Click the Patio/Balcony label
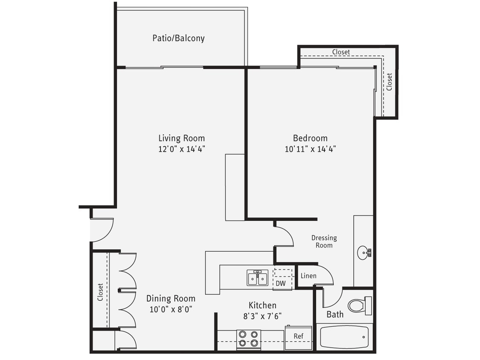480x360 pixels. click(178, 38)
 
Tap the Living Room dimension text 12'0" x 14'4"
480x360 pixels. click(182, 149)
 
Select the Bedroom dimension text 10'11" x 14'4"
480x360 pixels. click(310, 149)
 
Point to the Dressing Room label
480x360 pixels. click(324, 241)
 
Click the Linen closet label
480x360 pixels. click(308, 276)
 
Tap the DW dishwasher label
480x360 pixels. click(280, 283)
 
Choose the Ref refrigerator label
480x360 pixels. click(298, 336)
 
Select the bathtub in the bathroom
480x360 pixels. click(344, 337)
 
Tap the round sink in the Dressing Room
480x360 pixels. click(363, 253)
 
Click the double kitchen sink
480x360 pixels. click(257, 278)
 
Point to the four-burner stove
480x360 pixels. click(249, 339)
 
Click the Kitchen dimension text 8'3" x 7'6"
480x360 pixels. click(262, 316)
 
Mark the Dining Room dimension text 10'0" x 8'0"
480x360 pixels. click(171, 310)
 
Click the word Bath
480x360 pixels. click(335, 315)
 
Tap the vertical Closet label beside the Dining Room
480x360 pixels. click(100, 292)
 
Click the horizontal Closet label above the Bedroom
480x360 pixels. click(341, 52)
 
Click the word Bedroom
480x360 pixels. click(310, 138)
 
